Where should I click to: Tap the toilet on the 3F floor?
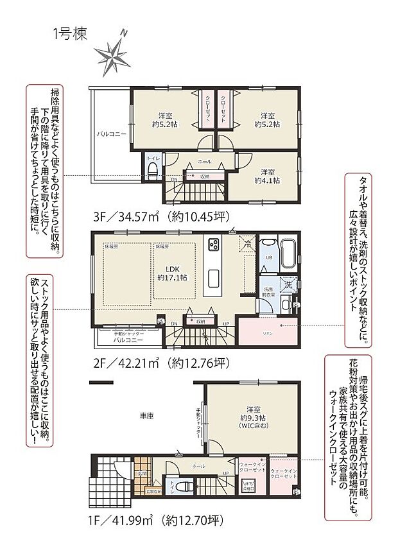[x=153, y=170]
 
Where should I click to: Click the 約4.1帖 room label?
[x=267, y=177]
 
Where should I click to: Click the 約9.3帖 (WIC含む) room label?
[x=255, y=418]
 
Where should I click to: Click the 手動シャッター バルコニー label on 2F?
[x=128, y=338]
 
